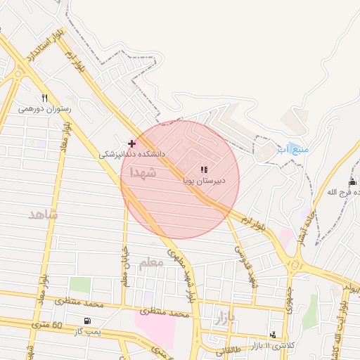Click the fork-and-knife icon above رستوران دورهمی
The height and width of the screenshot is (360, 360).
45,98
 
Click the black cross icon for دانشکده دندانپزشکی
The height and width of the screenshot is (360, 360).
131,143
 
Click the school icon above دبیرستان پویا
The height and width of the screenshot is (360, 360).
204,169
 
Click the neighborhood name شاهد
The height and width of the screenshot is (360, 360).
43,214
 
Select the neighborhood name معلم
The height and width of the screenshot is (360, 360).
150,262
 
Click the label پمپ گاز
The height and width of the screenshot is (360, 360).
89,331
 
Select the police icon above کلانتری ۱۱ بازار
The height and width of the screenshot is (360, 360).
273,334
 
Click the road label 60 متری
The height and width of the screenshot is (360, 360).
48,326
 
